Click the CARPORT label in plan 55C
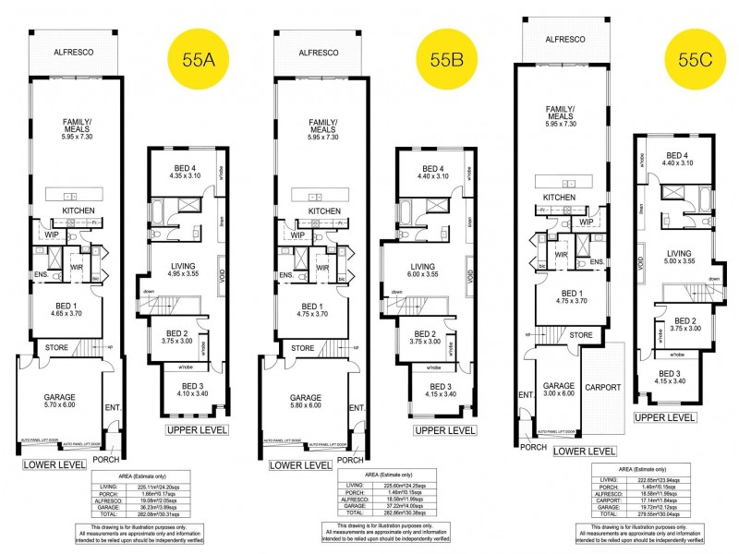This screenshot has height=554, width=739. click(x=602, y=387)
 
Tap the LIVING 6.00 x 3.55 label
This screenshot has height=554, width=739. click(x=422, y=271)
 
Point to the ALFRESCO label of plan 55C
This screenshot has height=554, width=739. click(x=565, y=40)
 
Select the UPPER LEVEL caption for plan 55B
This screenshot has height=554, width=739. click(x=445, y=430)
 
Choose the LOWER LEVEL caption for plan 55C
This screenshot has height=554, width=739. click(x=584, y=451)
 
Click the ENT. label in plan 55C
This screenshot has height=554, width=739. click(x=527, y=395)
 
